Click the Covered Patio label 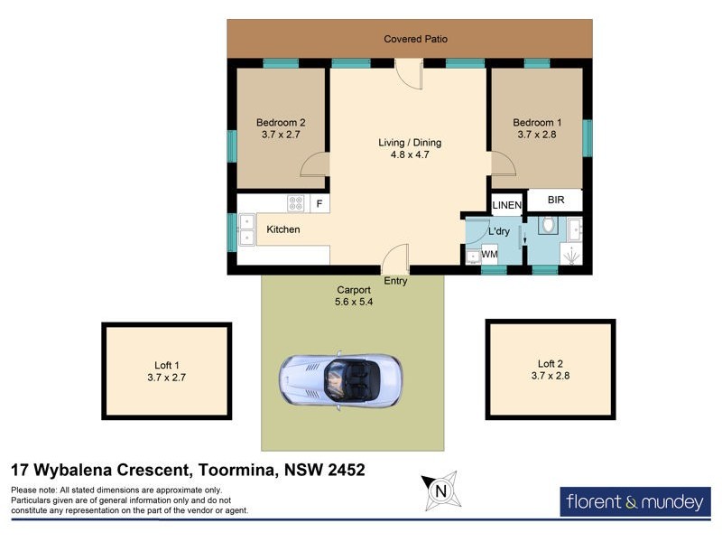tap(415, 39)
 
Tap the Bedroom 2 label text tap(281, 123)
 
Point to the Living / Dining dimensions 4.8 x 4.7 tap(409, 154)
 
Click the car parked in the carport tap(340, 378)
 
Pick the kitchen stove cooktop tap(297, 203)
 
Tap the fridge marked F tap(319, 204)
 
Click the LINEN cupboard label tap(507, 206)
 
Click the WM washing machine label tap(489, 255)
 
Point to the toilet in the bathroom tap(547, 225)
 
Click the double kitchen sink tap(246, 230)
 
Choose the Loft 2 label tap(551, 363)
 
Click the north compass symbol tap(440, 491)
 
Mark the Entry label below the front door tap(395, 281)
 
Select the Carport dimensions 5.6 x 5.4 tap(353, 302)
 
